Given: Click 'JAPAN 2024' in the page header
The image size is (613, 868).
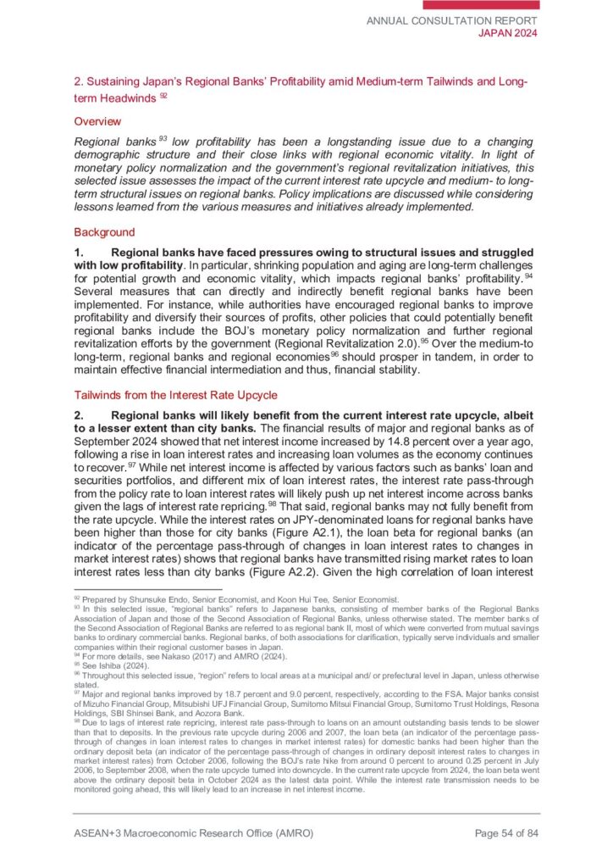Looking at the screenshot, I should [509, 33].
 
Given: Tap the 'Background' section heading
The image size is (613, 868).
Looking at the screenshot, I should [104, 231].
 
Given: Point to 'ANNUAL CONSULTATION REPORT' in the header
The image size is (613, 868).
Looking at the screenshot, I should [452, 19].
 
